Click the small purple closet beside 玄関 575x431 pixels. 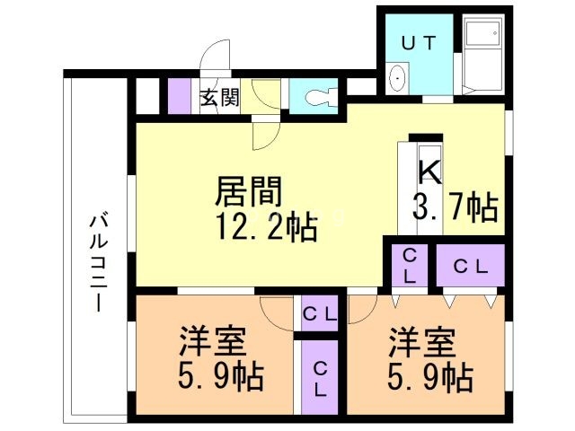(x=180, y=96)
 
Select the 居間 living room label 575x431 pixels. (x=249, y=191)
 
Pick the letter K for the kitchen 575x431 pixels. (x=429, y=172)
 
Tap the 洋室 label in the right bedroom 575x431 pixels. (x=422, y=343)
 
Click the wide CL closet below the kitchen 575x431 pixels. (x=471, y=265)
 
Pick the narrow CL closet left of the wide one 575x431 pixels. (x=409, y=265)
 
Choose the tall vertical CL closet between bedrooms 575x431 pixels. (x=320, y=377)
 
